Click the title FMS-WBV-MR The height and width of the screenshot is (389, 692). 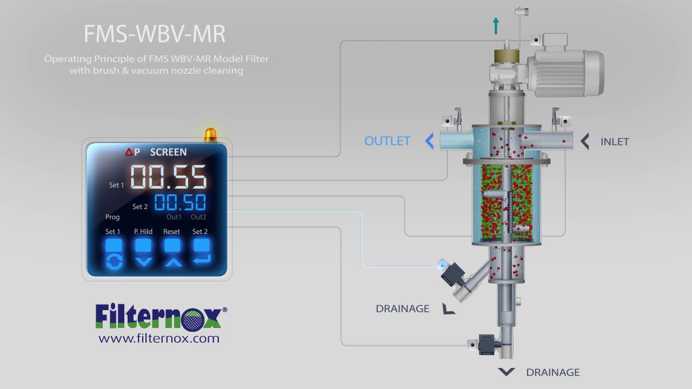pyautogui.click(x=154, y=34)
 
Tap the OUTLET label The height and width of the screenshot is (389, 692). pyautogui.click(x=387, y=141)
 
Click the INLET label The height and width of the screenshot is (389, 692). pyautogui.click(x=615, y=142)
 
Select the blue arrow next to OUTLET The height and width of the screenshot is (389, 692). pyautogui.click(x=429, y=142)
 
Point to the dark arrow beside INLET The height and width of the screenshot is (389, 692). pyautogui.click(x=584, y=142)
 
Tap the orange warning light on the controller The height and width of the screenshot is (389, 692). pyautogui.click(x=210, y=135)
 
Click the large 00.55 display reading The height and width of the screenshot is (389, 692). pyautogui.click(x=169, y=177)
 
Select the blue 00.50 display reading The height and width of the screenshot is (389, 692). pyautogui.click(x=180, y=203)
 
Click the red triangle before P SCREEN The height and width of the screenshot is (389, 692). pyautogui.click(x=129, y=152)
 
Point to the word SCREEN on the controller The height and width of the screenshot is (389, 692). pyautogui.click(x=168, y=152)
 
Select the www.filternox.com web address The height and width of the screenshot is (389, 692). pyautogui.click(x=159, y=339)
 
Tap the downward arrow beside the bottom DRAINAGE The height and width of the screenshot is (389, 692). pyautogui.click(x=506, y=372)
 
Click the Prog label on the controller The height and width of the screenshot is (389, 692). pyautogui.click(x=112, y=217)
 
